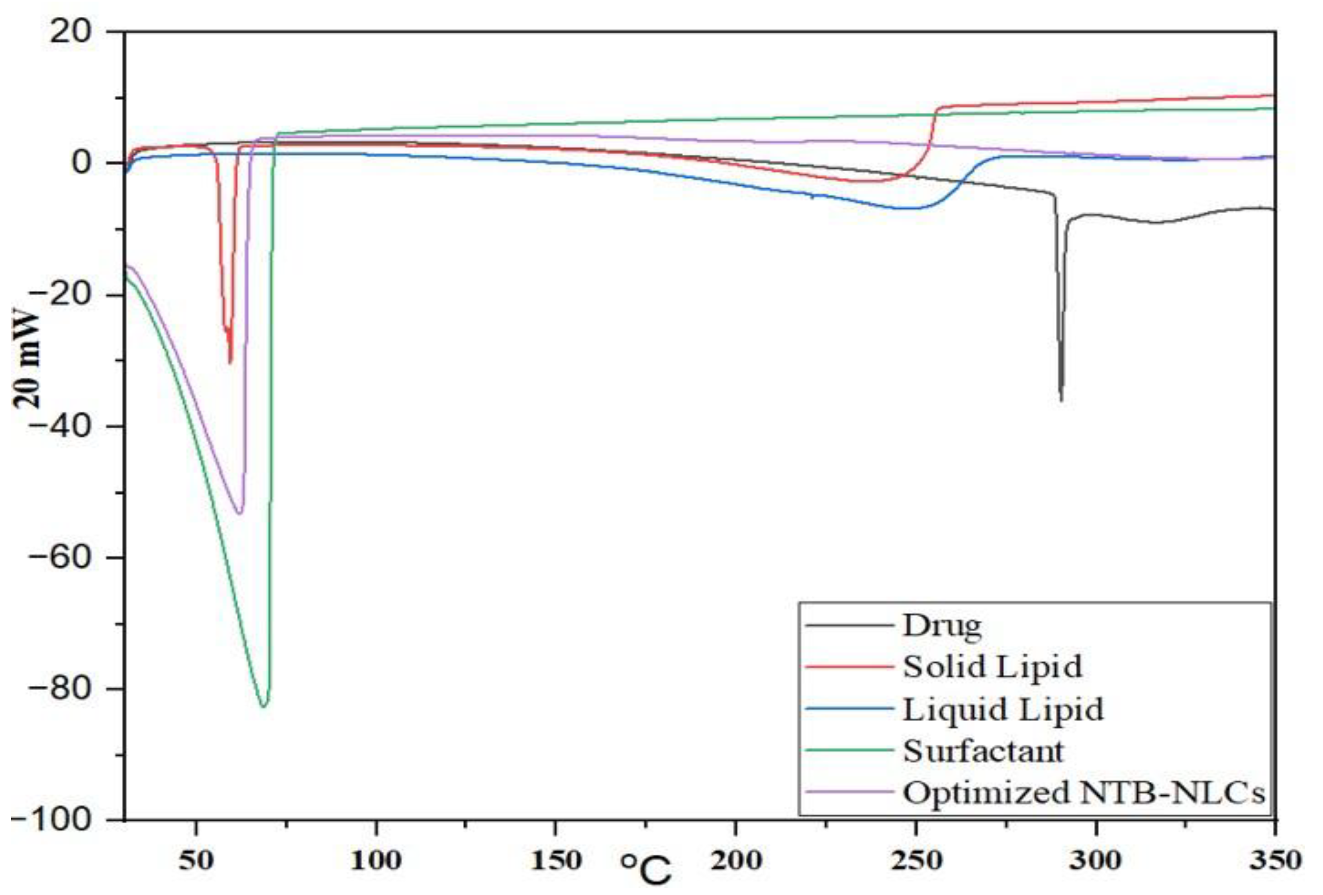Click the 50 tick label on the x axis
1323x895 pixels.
click(x=196, y=861)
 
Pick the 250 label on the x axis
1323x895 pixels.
click(x=915, y=861)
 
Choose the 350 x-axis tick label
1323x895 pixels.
click(x=1275, y=861)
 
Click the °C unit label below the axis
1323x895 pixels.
click(x=646, y=870)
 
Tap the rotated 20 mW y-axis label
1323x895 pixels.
click(x=27, y=359)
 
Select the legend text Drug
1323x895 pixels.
click(x=942, y=626)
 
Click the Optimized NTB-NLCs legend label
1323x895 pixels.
click(x=1083, y=793)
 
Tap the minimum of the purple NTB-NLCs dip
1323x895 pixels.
click(x=240, y=513)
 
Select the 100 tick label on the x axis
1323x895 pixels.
click(x=376, y=861)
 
